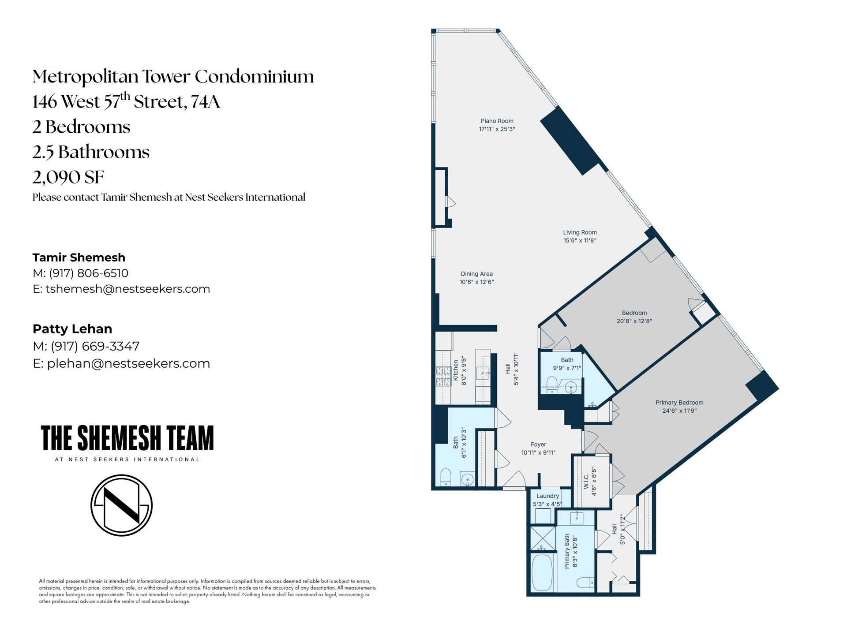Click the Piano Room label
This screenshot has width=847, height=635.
tap(497, 121)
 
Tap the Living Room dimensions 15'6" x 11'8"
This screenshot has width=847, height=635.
tap(580, 241)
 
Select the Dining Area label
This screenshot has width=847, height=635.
tap(476, 274)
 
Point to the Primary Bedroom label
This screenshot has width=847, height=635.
tap(679, 403)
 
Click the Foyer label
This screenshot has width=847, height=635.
tap(538, 444)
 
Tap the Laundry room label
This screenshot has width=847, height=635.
tap(547, 496)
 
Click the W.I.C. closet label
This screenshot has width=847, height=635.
tap(586, 482)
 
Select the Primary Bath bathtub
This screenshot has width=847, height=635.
tap(542, 573)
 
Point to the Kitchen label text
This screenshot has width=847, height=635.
tap(456, 370)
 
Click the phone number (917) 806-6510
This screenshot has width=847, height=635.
tap(89, 273)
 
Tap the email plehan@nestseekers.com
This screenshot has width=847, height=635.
tap(128, 363)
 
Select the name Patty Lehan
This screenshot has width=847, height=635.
tap(72, 329)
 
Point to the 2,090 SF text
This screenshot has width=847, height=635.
tap(68, 177)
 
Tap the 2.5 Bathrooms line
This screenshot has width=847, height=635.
tap(91, 152)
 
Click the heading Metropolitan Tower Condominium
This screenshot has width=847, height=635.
tap(173, 76)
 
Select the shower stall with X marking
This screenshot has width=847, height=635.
tap(543, 538)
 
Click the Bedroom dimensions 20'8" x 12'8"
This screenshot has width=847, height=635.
tap(634, 321)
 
